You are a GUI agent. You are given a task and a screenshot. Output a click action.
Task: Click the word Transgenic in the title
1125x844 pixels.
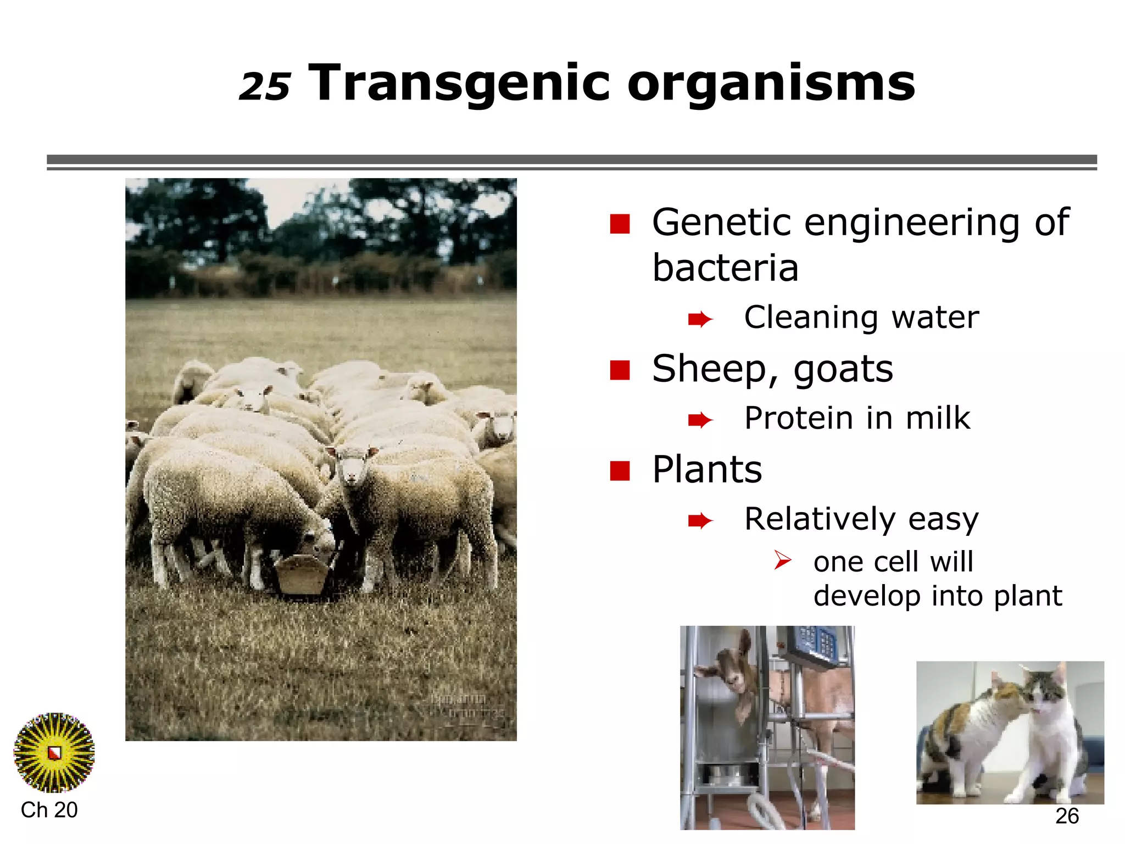[x=459, y=84]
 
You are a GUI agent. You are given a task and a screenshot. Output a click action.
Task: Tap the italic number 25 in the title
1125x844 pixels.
[x=265, y=87]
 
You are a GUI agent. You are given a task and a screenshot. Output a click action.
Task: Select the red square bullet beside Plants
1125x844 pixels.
[x=620, y=470]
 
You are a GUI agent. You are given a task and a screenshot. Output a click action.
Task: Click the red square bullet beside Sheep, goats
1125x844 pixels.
[x=620, y=370]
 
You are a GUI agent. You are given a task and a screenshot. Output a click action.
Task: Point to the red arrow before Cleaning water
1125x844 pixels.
[x=700, y=319]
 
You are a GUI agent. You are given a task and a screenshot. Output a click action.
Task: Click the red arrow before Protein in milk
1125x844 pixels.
[x=700, y=420]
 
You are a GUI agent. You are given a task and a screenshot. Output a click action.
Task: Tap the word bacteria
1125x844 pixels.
[x=725, y=268]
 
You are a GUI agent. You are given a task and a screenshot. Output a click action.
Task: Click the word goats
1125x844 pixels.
[x=843, y=369]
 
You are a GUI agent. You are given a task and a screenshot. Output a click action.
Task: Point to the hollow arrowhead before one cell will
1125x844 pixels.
[x=782, y=560]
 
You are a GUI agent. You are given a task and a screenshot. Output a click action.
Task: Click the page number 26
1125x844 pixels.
[x=1067, y=816]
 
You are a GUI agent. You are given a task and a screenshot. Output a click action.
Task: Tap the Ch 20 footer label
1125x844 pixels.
[x=49, y=810]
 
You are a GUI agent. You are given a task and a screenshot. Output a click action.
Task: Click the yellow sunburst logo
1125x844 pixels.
[x=54, y=752]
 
